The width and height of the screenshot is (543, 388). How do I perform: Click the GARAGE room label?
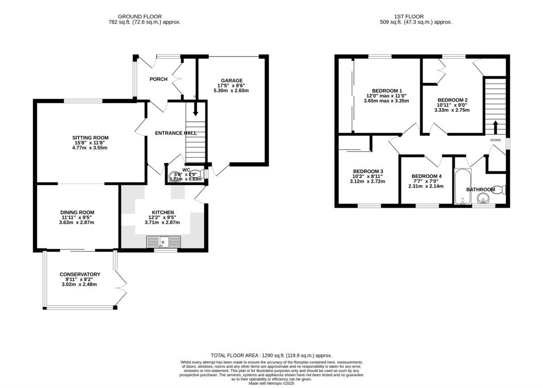232,81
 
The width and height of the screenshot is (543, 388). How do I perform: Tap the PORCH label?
158,79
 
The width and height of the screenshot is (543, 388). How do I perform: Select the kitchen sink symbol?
163,242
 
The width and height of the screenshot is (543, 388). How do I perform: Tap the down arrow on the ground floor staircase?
195,111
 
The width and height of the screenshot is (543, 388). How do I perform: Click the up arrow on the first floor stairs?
495,126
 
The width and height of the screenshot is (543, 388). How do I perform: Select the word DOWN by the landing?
495,140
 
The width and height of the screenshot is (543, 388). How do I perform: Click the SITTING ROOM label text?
90,138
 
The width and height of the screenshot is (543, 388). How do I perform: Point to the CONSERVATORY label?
80,274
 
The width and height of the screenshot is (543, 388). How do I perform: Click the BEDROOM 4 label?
426,176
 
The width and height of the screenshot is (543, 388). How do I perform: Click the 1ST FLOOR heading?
415,17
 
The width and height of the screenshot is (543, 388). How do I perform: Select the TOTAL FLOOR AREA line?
271,355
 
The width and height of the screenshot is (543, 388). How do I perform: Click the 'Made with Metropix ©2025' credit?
271,383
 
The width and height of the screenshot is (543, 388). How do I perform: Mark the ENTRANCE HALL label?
176,133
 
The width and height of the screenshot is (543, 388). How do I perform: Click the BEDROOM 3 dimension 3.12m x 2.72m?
367,182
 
